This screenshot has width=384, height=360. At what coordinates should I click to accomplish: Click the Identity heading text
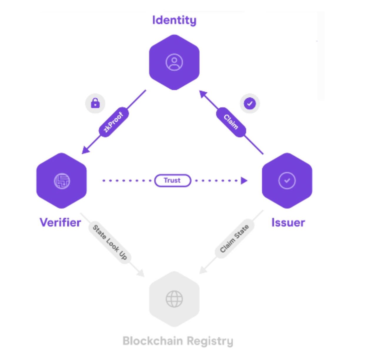[x=174, y=20]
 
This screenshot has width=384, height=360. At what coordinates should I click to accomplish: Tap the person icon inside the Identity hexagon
[x=174, y=62]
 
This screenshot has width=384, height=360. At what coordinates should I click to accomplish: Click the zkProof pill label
[x=114, y=122]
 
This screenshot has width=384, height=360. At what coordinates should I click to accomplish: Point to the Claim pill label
[x=231, y=122]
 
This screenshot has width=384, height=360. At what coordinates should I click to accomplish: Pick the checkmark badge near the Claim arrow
[x=250, y=104]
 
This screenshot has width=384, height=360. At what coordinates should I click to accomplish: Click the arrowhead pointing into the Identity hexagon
[x=203, y=94]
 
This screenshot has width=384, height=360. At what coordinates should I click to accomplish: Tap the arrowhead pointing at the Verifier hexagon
[x=85, y=150]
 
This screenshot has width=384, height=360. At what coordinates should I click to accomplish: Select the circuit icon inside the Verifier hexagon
[x=62, y=181]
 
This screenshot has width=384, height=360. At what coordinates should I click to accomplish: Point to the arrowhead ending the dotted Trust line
[x=244, y=181]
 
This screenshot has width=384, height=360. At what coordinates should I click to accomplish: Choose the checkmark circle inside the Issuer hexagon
[x=287, y=181]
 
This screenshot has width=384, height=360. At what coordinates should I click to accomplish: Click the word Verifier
[x=60, y=223]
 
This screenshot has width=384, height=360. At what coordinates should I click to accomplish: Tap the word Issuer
[x=288, y=223]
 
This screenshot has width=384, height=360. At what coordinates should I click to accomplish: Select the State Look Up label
[x=110, y=242]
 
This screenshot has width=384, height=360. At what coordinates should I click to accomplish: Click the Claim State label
[x=235, y=239]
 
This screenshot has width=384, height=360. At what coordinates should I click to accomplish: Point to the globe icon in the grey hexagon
[x=174, y=299]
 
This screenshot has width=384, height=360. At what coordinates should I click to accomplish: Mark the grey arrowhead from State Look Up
[x=141, y=273]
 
